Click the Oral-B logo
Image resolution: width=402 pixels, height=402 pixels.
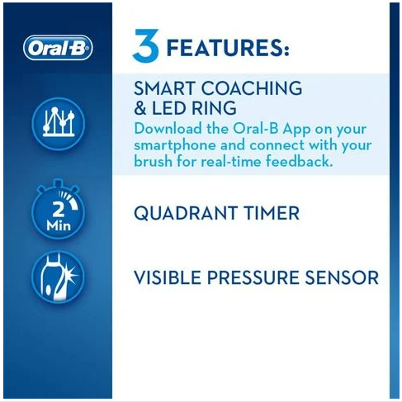point(58,48)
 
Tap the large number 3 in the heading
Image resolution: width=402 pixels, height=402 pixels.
point(146,46)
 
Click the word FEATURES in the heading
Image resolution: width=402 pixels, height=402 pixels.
point(228,48)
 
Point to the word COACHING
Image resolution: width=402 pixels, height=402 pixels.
point(252,88)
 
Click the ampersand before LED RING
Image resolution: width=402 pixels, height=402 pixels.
point(140,108)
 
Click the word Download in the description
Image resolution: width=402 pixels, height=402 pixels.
point(168,129)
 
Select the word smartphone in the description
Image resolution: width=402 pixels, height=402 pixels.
point(175,146)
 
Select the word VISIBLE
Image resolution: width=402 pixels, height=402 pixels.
point(168,277)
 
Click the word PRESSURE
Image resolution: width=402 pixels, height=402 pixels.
point(253,277)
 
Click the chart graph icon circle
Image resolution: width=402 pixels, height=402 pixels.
point(58,124)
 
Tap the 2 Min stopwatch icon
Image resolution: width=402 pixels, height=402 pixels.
point(58,210)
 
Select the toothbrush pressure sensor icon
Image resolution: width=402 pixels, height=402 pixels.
point(58,277)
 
